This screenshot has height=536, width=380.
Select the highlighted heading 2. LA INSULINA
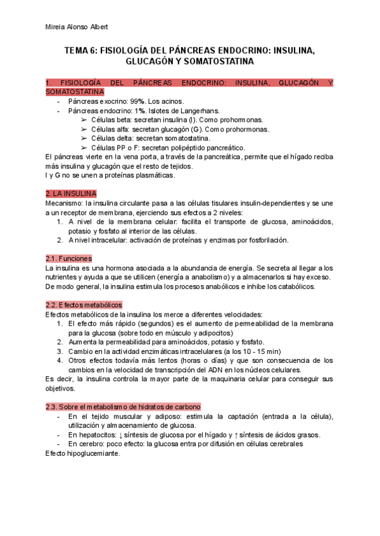[x=71, y=193]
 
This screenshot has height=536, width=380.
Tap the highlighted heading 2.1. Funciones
[x=69, y=259]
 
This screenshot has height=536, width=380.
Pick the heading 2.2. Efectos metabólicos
[x=88, y=305]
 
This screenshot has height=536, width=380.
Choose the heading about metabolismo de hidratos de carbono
[x=123, y=406]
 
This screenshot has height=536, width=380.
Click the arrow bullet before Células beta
[x=84, y=119]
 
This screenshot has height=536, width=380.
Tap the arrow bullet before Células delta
[x=84, y=138]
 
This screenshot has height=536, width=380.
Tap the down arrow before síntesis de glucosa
[x=121, y=434]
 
